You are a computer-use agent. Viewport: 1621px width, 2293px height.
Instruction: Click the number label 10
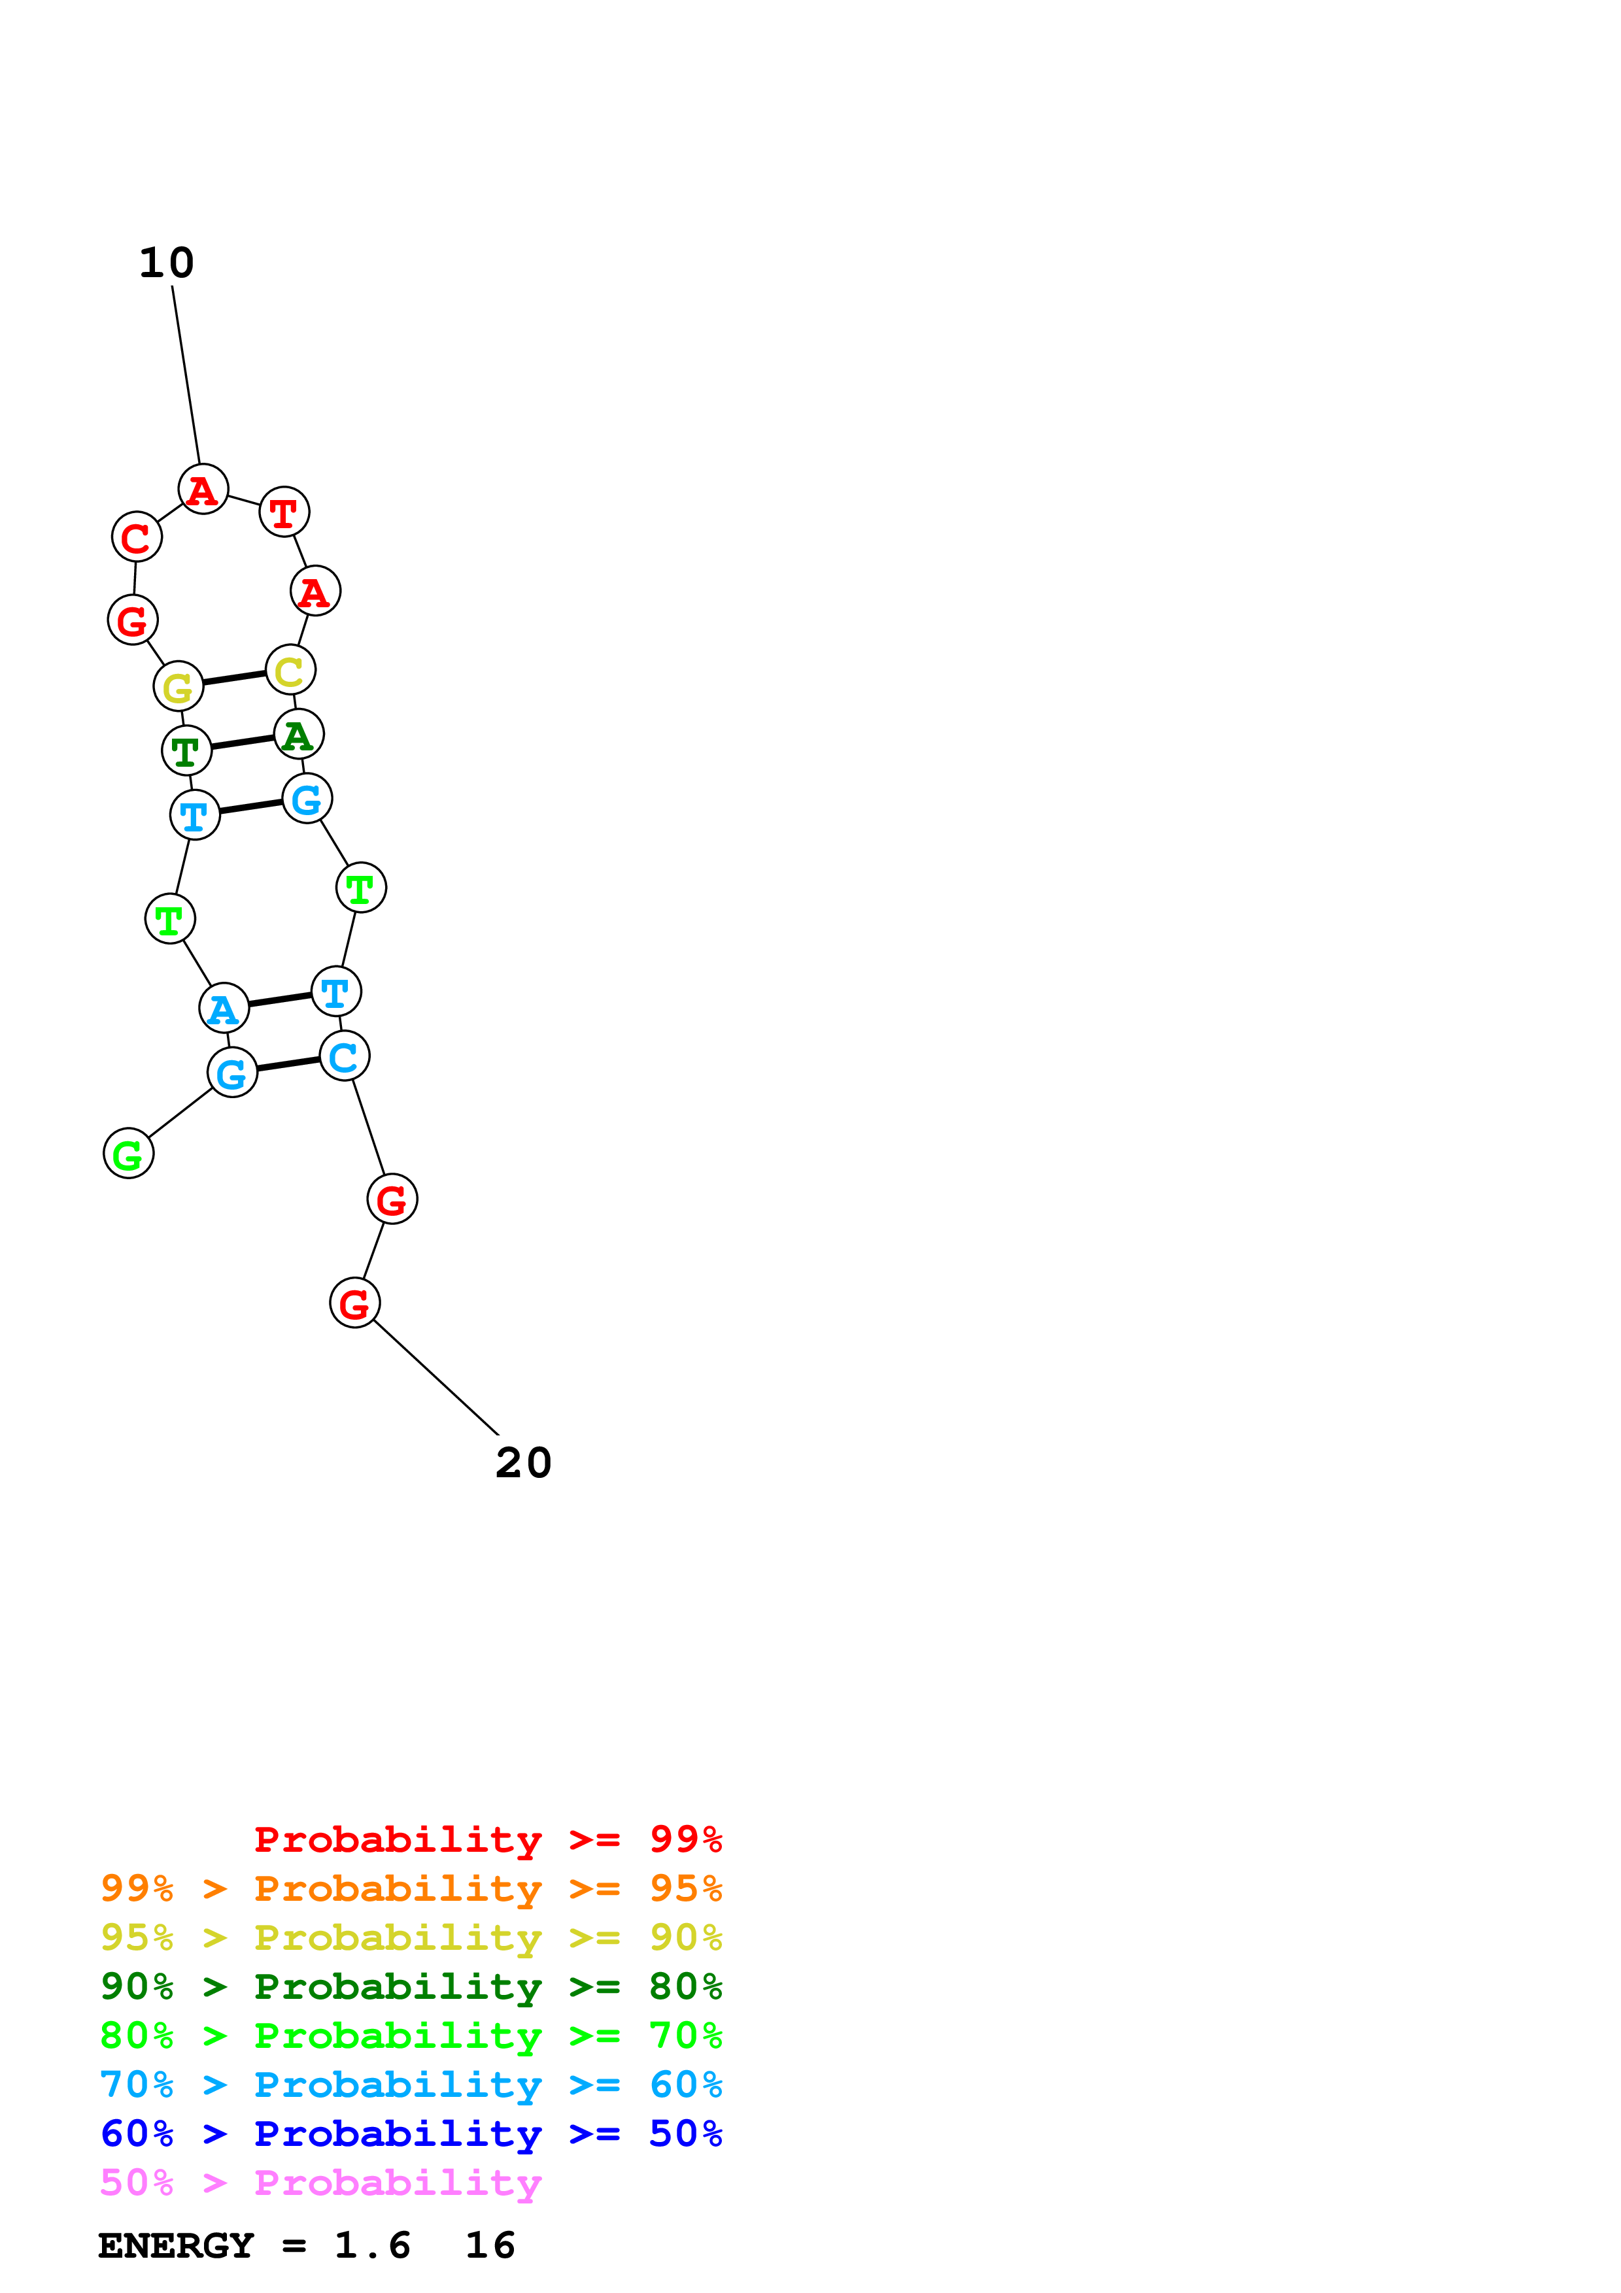click(x=166, y=263)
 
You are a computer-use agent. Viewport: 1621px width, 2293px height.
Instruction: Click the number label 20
click(x=523, y=1463)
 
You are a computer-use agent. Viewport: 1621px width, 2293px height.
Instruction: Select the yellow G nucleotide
click(x=178, y=686)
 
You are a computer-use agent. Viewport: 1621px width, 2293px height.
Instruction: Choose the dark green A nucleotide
click(x=298, y=735)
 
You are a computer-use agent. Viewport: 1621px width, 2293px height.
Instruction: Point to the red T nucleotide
click(x=284, y=512)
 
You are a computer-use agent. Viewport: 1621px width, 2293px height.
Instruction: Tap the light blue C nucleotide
click(x=343, y=1056)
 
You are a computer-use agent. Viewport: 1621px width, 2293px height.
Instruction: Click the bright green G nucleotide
click(x=128, y=1154)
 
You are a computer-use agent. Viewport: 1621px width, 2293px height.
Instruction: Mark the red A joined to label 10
click(x=203, y=490)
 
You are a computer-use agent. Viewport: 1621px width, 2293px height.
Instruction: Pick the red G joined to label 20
click(x=354, y=1303)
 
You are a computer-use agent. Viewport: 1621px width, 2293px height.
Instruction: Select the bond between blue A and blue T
click(x=280, y=999)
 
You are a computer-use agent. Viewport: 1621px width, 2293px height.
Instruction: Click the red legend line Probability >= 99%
click(x=487, y=1839)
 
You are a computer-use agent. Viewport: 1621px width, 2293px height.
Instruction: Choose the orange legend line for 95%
click(x=411, y=1888)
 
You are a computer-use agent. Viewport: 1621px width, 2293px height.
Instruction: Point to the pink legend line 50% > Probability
click(x=320, y=2183)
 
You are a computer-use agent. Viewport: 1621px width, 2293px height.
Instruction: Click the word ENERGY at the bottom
click(x=176, y=2246)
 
